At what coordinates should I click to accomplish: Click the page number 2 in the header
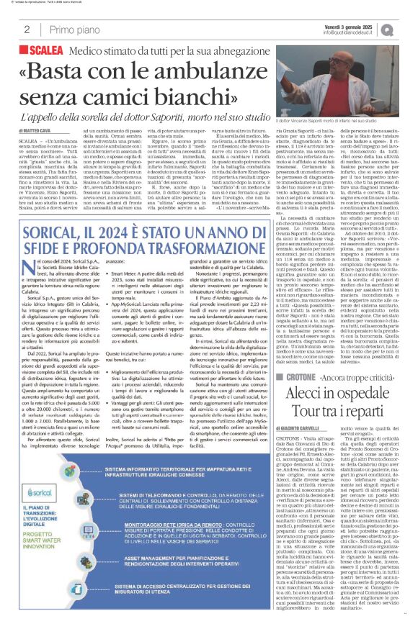(x=27, y=30)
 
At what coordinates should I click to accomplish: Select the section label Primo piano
(x=69, y=30)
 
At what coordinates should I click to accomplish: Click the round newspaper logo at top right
(x=406, y=28)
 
